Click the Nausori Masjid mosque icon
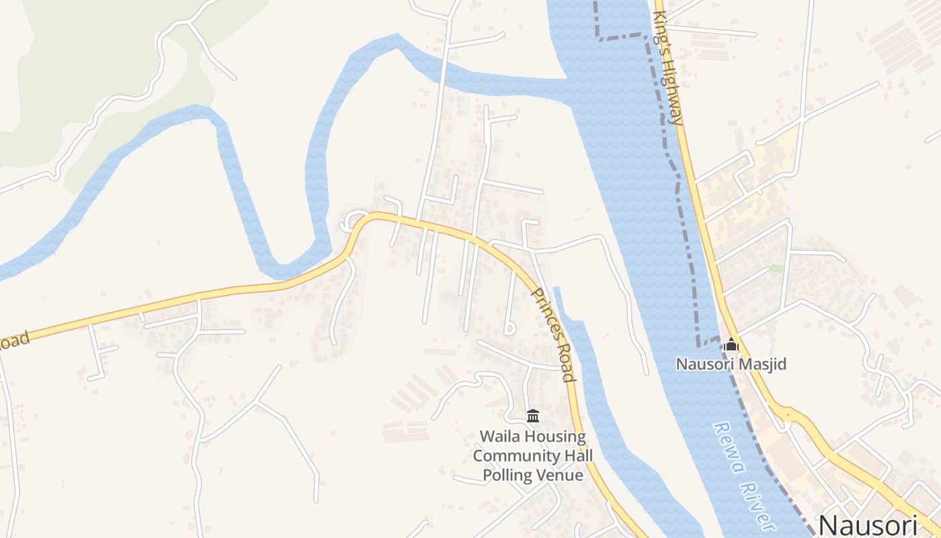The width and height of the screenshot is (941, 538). pos(731,346)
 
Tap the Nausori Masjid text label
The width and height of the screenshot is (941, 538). pos(731,364)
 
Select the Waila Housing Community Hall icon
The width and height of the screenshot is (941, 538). pos(533,416)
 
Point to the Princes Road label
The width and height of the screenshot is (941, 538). pos(554,334)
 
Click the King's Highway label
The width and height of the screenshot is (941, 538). pos(669,68)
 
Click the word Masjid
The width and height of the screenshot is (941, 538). pos(762,364)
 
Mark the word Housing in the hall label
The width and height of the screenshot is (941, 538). pos(555,436)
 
